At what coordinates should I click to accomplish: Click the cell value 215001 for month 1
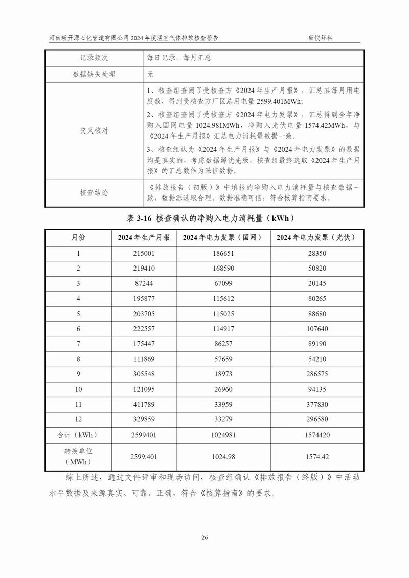143,254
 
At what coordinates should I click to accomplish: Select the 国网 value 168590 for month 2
225,268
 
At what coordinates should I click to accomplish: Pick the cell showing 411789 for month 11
143,404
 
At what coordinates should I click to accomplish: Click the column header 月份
78,238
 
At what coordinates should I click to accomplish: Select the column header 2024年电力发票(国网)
225,238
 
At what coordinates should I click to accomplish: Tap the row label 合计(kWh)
78,435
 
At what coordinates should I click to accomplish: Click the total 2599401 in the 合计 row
143,435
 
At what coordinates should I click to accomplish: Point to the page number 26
204,537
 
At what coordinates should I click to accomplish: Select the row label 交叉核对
94,131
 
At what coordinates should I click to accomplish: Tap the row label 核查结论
94,193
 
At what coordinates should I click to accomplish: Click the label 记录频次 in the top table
94,58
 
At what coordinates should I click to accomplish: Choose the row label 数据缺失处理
94,74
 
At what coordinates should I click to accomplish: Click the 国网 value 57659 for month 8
225,359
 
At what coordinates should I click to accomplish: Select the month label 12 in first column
78,419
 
